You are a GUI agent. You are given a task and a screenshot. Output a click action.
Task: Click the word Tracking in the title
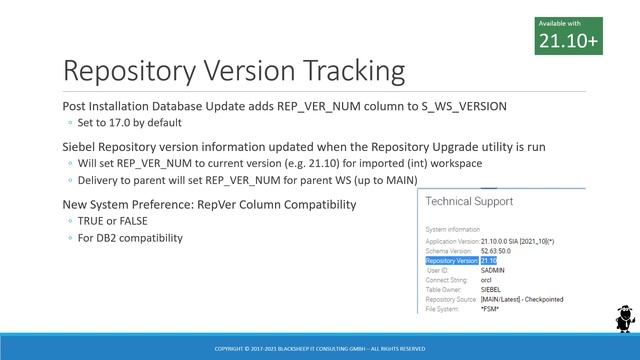(x=341, y=71)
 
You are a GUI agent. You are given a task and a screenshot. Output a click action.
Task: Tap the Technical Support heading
(x=469, y=201)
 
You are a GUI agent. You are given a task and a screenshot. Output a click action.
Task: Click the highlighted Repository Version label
(x=452, y=260)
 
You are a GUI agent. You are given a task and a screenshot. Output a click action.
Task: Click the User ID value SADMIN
(x=494, y=270)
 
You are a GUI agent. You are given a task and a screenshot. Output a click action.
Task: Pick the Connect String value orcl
(x=487, y=280)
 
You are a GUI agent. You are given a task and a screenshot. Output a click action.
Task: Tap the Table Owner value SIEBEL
(x=492, y=289)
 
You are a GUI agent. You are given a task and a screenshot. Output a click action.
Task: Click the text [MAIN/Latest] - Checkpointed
(x=522, y=299)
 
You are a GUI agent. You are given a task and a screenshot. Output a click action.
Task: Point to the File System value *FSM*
(x=490, y=308)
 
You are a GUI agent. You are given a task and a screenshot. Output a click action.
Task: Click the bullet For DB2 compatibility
(x=129, y=238)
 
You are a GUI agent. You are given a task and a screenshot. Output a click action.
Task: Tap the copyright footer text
(x=320, y=348)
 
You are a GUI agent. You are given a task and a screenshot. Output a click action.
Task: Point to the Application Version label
(x=452, y=241)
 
